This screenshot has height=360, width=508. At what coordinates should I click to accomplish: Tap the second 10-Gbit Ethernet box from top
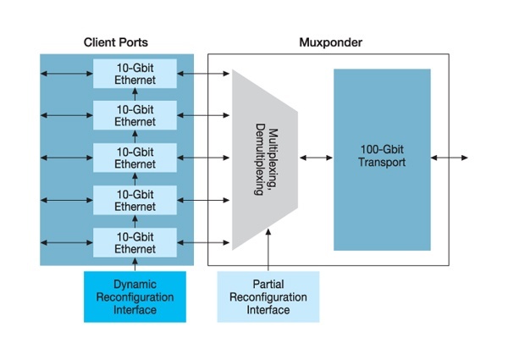(x=135, y=115)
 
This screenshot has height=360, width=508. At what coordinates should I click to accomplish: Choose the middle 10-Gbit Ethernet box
(x=135, y=158)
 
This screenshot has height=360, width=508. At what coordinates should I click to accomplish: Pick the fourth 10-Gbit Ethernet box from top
(x=135, y=200)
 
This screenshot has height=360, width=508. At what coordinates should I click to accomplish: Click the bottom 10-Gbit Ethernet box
(x=135, y=242)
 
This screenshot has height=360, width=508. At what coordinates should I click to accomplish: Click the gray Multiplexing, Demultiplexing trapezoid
(x=265, y=159)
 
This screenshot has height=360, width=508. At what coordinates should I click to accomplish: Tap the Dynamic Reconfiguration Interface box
(x=135, y=297)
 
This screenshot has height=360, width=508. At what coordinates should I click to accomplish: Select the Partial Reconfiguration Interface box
(x=268, y=297)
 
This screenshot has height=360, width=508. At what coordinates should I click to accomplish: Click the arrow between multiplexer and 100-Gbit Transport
(x=315, y=158)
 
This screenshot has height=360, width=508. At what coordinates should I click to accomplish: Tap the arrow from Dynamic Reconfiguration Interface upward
(x=135, y=264)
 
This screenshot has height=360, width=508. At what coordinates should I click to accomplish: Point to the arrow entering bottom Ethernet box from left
(x=66, y=242)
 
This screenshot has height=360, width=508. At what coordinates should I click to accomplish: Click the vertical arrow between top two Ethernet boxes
(x=135, y=94)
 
